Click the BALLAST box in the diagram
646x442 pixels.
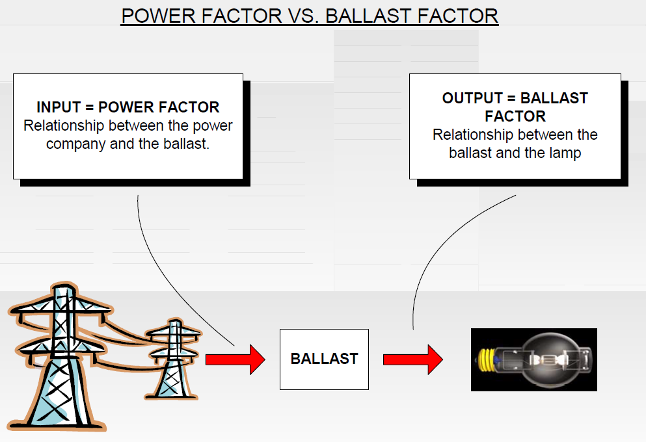[x=324, y=359]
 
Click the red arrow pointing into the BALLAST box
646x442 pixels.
[x=235, y=359]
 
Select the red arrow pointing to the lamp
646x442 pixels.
[x=412, y=359]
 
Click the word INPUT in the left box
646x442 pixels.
[x=58, y=107]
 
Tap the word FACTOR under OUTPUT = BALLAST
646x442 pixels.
[x=515, y=116]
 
